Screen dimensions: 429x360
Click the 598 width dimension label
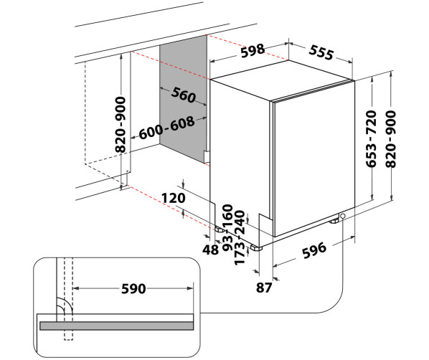253,51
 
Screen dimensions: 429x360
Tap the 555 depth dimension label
321,52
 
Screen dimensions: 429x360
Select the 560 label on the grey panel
184,95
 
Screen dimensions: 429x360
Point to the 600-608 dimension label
167,128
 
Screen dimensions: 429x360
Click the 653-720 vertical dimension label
372,138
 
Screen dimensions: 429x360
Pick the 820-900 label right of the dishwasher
390,138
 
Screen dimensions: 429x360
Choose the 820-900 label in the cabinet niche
121,125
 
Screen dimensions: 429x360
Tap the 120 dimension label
173,198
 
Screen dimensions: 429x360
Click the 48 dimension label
210,250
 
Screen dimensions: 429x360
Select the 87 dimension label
264,288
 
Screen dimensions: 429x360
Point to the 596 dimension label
314,250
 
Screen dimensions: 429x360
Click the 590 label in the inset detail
133,288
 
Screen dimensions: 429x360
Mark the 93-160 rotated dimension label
227,227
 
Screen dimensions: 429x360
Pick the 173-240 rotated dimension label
240,237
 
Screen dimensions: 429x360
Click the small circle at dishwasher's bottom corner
342,216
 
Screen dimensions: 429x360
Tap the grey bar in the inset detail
117,326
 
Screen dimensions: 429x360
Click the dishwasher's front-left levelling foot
256,247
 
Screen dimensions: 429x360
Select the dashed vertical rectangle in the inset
68,299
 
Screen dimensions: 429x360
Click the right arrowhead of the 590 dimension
190,288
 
